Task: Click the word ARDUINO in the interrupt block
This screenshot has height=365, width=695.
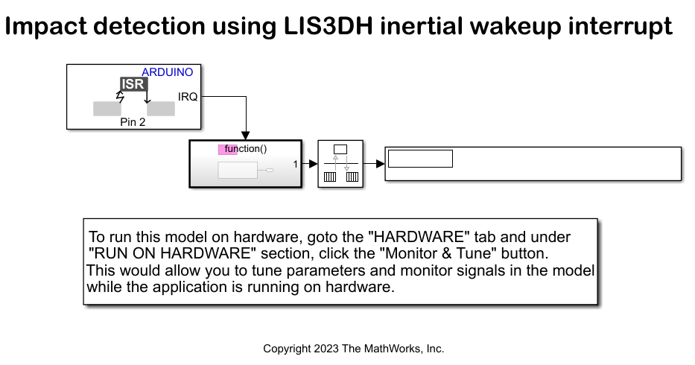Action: click(167, 72)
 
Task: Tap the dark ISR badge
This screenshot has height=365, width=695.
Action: click(134, 85)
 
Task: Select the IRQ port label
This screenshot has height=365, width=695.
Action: click(188, 97)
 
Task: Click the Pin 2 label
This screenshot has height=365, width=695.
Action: click(133, 122)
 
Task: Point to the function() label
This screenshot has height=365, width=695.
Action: click(245, 149)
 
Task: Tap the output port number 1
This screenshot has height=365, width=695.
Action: click(295, 164)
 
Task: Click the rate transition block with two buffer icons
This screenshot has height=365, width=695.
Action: click(340, 164)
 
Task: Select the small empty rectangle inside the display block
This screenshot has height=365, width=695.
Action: click(420, 158)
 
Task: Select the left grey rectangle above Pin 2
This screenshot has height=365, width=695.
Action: click(107, 109)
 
